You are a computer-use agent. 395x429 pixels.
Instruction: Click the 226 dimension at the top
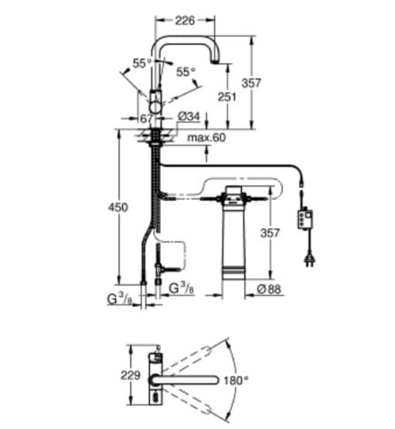coord(184,20)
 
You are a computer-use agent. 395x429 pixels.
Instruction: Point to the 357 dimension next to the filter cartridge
coord(271,232)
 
